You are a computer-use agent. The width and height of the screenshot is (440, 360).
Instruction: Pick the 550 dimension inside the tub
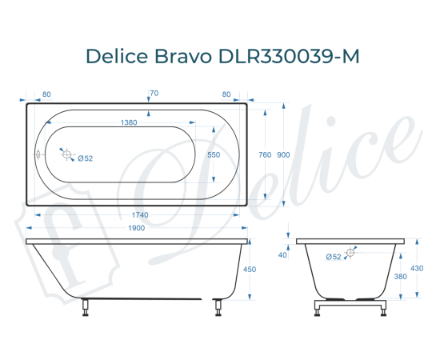click(x=214, y=155)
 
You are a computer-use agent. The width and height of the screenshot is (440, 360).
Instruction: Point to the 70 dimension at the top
click(x=154, y=94)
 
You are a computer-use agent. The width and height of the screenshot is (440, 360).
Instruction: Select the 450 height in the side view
click(x=249, y=270)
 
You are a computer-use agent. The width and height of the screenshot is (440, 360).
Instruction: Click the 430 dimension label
click(x=416, y=268)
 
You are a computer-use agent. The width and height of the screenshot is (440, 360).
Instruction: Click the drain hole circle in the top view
click(x=68, y=155)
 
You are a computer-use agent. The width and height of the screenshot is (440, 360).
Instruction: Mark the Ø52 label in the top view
click(x=86, y=158)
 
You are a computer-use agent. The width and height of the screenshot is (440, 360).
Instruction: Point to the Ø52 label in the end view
click(x=334, y=256)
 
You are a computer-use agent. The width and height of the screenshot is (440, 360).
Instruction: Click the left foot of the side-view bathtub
click(x=86, y=307)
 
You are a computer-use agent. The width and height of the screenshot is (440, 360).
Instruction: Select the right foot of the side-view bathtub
click(x=216, y=307)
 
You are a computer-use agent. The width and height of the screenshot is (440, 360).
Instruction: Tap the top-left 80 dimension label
click(x=46, y=94)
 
